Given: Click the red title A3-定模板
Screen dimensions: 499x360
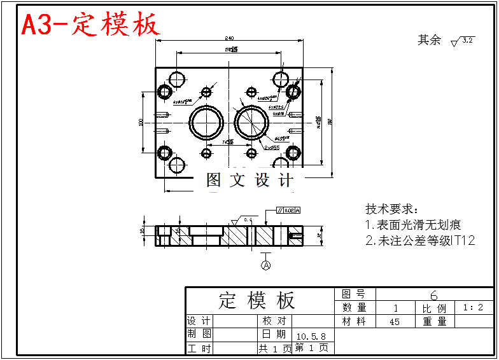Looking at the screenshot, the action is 90,25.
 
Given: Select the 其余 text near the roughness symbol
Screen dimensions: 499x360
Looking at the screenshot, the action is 429,40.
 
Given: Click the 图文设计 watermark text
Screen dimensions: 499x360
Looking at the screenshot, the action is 250,180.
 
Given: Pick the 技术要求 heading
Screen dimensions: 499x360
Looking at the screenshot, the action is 392,209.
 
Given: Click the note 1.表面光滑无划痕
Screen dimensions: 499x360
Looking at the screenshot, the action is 413,225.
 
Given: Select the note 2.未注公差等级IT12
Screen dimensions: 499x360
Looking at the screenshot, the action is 420,240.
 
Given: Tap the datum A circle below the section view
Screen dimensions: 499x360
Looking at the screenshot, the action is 266,265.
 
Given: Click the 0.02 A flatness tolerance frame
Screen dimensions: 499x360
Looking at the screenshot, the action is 288,210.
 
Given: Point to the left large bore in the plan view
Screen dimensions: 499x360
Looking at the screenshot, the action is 206,121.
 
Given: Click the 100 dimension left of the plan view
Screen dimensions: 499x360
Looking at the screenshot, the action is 141,121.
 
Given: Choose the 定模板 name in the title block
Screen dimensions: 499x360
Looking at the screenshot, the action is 257,300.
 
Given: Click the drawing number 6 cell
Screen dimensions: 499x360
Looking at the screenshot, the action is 434,294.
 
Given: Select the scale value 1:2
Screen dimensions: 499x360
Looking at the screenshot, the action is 473,308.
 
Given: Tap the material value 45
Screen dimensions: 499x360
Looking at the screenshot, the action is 395,322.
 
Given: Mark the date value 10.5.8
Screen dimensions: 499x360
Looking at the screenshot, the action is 311,335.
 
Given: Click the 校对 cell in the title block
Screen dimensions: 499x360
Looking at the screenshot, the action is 274,321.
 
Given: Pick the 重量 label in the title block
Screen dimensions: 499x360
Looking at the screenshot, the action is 435,322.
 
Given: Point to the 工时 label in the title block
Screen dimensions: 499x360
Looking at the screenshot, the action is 199,349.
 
